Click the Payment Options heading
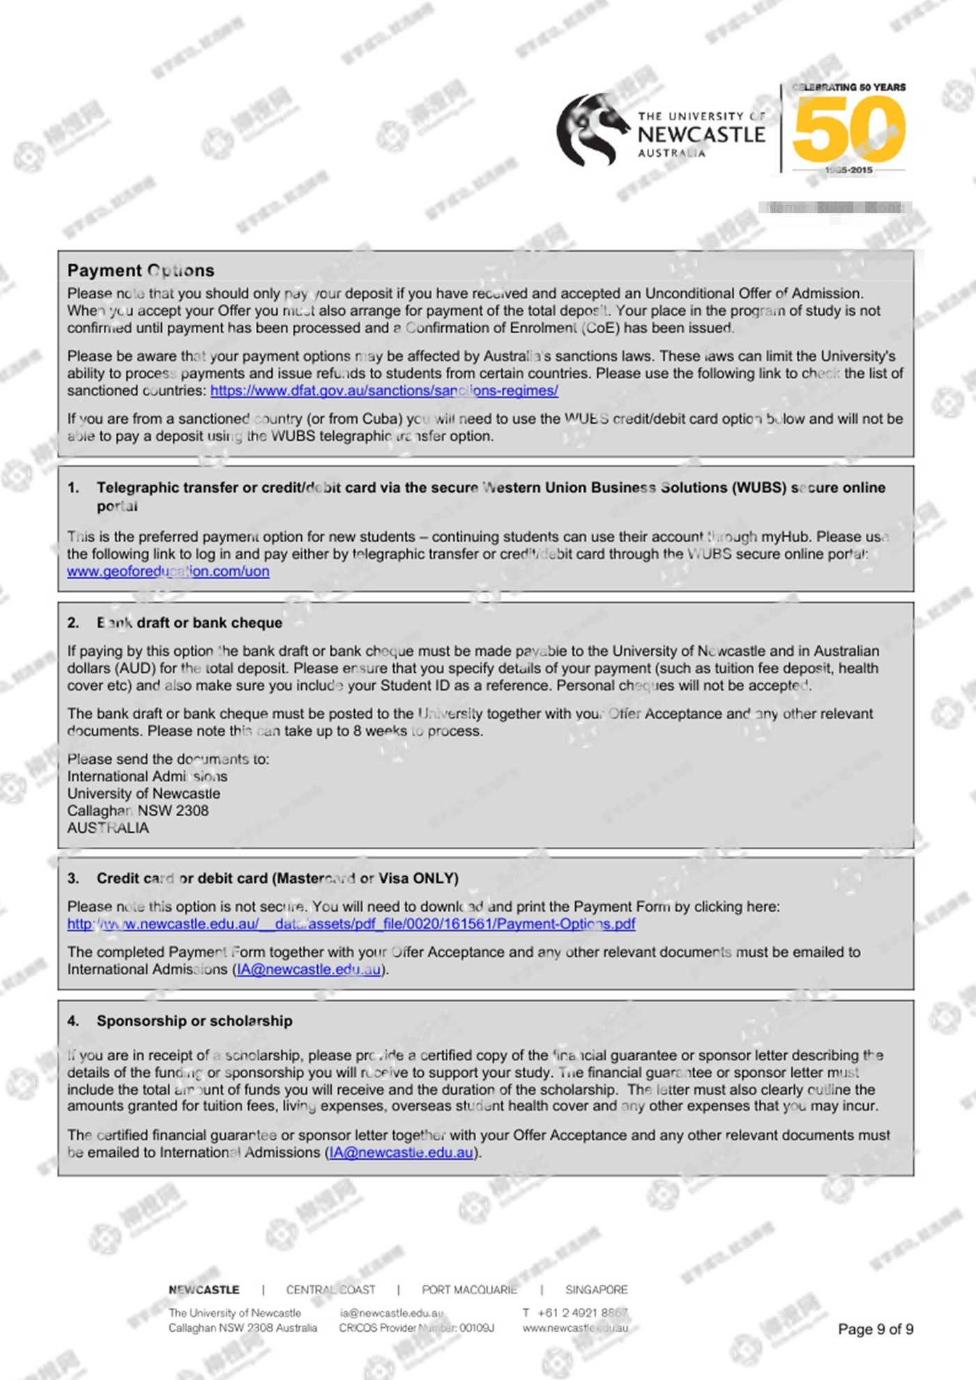coord(141,270)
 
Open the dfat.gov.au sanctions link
coord(384,390)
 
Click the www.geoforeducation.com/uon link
coord(168,572)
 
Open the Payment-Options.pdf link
coord(351,924)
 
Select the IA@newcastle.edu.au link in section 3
coord(310,969)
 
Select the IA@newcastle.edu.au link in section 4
coord(402,1153)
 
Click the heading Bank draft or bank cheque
coord(190,623)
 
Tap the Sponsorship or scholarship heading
coord(195,1021)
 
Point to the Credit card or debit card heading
coord(277,878)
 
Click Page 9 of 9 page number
coord(876,1329)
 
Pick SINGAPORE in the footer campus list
coord(597,1289)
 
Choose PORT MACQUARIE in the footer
coord(469,1289)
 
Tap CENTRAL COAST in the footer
coord(330,1289)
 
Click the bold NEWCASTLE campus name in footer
coord(204,1289)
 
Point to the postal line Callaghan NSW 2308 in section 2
coord(138,811)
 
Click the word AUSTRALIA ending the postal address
coord(108,828)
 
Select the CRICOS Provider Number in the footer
coord(416,1328)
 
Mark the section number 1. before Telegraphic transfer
coord(73,488)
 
